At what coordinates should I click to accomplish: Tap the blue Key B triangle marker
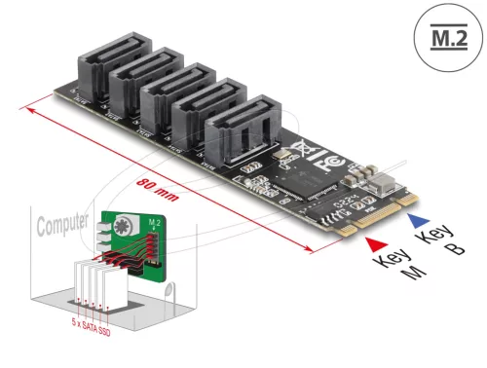(x=418, y=221)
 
